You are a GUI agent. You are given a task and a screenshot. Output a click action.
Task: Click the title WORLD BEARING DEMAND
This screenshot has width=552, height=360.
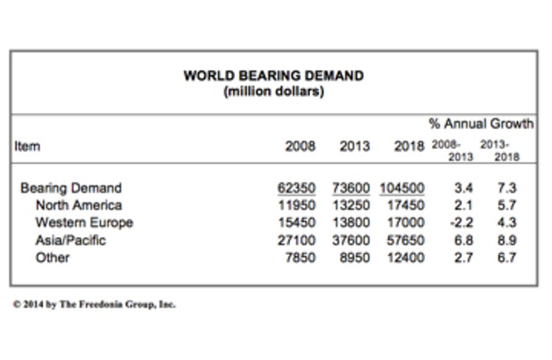click(274, 76)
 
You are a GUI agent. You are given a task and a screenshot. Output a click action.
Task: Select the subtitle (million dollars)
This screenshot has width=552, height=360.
click(274, 92)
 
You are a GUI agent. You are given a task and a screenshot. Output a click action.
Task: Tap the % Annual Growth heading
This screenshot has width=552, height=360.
click(481, 124)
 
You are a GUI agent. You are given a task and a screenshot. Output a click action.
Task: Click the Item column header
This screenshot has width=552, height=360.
click(27, 146)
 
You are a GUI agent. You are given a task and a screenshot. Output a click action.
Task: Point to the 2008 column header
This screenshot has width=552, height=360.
click(300, 146)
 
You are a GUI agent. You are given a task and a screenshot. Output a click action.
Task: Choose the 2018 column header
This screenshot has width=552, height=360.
click(409, 146)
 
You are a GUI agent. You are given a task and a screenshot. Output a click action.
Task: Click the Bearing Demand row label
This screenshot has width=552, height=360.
click(71, 188)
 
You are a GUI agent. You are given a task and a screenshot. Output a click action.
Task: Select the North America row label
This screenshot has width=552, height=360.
click(79, 205)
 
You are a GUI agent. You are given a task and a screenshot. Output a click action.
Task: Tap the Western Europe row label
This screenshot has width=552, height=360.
click(84, 222)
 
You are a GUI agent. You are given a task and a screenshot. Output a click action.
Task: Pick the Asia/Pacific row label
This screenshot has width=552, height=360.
click(70, 240)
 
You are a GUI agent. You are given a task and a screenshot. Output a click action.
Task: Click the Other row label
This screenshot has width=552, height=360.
click(53, 257)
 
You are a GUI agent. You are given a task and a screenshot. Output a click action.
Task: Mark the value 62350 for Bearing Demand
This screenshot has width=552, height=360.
click(297, 188)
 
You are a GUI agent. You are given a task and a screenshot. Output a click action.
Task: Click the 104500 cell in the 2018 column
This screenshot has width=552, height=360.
click(401, 188)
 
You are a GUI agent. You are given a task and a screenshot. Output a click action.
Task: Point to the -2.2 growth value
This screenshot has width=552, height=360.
click(462, 222)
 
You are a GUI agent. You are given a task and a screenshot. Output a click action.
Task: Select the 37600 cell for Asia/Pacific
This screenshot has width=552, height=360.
click(351, 240)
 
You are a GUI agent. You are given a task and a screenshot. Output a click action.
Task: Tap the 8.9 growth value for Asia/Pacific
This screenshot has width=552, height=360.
click(507, 240)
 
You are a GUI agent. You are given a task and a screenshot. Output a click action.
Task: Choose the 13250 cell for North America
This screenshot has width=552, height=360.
click(351, 205)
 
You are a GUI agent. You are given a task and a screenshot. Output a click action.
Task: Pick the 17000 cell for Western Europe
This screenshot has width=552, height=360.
click(405, 222)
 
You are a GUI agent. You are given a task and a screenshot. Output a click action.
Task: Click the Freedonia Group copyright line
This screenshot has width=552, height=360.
click(95, 304)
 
